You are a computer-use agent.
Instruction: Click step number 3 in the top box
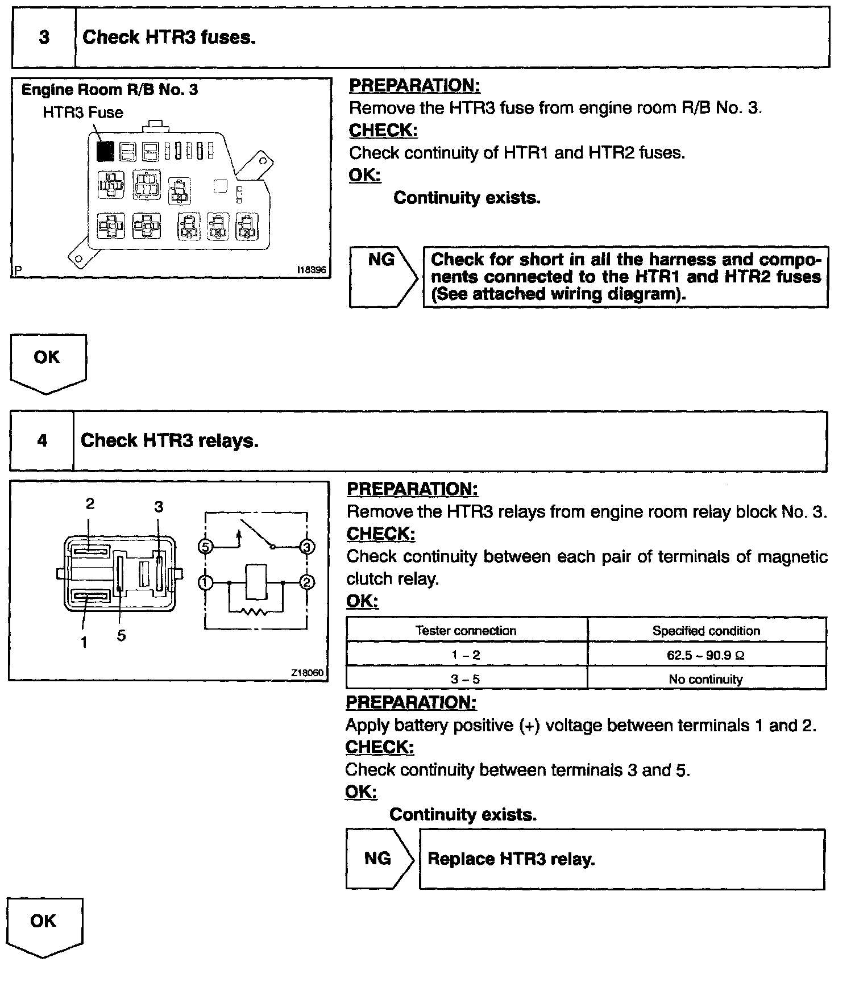[44, 38]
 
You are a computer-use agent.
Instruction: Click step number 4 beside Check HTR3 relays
[42, 441]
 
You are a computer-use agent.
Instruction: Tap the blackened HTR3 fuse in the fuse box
[105, 151]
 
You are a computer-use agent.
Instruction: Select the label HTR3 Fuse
[83, 113]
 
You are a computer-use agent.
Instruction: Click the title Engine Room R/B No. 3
[110, 90]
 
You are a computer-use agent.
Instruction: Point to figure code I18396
[312, 270]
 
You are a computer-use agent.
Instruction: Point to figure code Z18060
[307, 673]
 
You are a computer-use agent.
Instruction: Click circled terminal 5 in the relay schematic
[205, 547]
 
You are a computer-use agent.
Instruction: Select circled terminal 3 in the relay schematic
[307, 547]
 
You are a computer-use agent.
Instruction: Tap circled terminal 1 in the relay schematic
[205, 582]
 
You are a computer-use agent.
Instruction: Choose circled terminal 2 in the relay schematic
[307, 582]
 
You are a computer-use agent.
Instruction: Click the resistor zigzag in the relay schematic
[256, 612]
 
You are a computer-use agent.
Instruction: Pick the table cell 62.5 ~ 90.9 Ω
[706, 655]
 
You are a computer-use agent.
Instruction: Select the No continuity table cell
[706, 679]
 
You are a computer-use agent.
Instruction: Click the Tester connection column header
[466, 631]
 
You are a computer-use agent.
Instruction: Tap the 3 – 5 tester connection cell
[466, 679]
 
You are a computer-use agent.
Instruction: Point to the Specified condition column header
[706, 631]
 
